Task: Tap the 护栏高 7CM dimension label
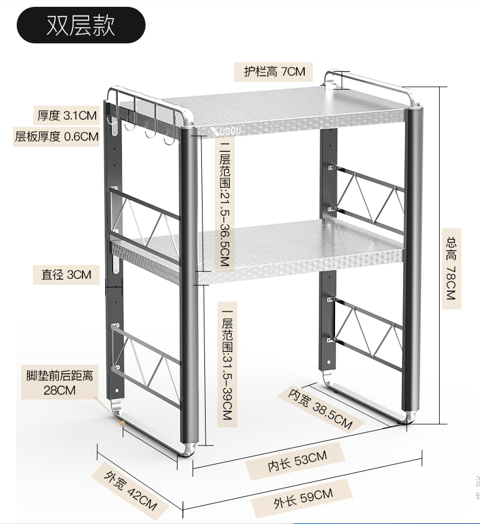tap(274, 71)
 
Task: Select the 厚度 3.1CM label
tap(67, 115)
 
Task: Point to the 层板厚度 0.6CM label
tap(56, 136)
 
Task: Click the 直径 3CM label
tap(66, 274)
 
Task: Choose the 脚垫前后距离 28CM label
tap(59, 383)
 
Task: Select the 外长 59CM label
tap(303, 498)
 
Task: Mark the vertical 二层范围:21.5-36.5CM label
tap(225, 205)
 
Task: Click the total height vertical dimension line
tap(440, 254)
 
